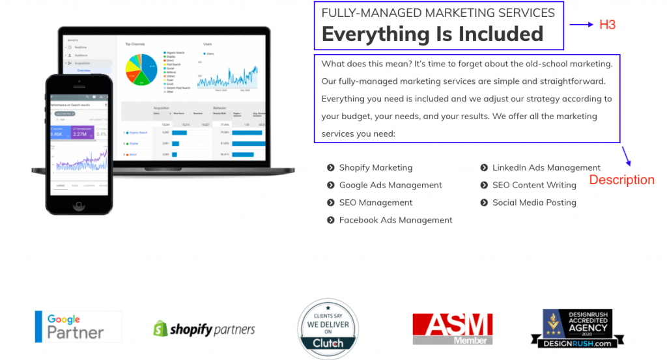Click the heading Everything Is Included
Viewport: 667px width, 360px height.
pos(433,34)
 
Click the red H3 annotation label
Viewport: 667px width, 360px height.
pos(607,25)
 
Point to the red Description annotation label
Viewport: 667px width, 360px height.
pos(621,180)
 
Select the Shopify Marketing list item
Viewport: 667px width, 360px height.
pos(375,167)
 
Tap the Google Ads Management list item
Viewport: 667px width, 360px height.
pos(390,185)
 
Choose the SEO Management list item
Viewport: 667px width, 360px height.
pos(375,202)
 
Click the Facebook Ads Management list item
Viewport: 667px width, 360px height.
pos(395,220)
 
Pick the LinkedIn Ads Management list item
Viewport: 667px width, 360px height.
pos(546,167)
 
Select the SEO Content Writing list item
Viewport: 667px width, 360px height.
pos(534,185)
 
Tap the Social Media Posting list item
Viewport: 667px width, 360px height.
pos(534,202)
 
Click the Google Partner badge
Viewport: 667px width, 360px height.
pos(78,327)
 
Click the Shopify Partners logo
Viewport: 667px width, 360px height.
pos(204,329)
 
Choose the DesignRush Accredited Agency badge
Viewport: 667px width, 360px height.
pos(577,329)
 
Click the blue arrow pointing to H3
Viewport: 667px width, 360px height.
pos(581,25)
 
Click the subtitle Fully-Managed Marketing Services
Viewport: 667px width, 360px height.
pos(438,12)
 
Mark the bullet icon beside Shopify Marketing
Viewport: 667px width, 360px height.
pos(331,167)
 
